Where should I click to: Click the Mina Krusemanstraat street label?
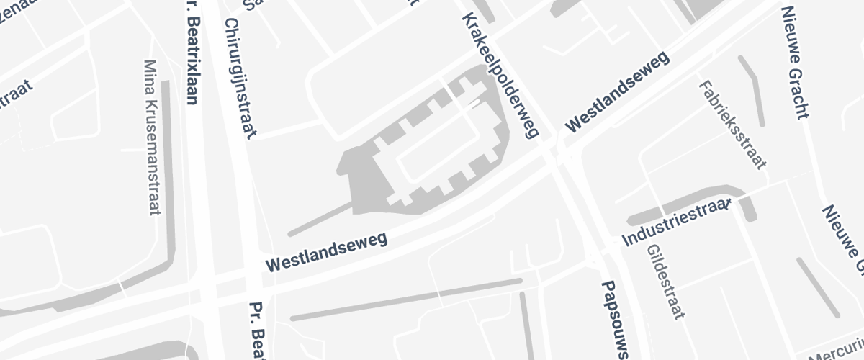coord(152,137)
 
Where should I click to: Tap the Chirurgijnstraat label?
coord(240,78)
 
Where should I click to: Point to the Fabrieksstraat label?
coord(732,124)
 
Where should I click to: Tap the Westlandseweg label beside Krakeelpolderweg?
coord(617,93)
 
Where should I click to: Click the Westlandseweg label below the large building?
coord(326,251)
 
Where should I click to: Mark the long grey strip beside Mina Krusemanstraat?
coord(167,180)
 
